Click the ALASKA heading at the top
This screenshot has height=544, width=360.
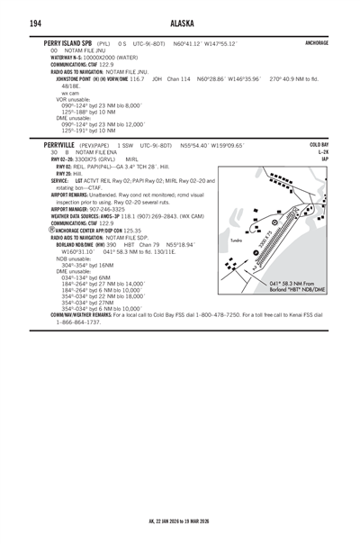pyautogui.click(x=180, y=22)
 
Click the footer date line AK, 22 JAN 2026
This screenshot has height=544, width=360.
pyautogui.click(x=180, y=520)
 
